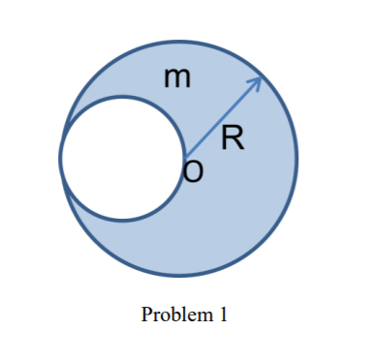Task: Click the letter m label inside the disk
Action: click(176, 78)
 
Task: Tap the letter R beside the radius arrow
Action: click(231, 139)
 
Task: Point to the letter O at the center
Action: click(194, 172)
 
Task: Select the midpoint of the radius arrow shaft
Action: click(223, 118)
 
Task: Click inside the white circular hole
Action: click(122, 159)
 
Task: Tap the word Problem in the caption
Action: click(172, 315)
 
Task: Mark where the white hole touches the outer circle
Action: click(60, 159)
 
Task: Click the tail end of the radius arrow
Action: click(185, 158)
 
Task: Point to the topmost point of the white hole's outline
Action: click(122, 97)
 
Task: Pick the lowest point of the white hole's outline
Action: click(122, 221)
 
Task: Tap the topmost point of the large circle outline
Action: click(179, 40)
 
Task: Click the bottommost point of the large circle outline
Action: click(179, 278)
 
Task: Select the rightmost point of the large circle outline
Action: click(297, 159)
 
